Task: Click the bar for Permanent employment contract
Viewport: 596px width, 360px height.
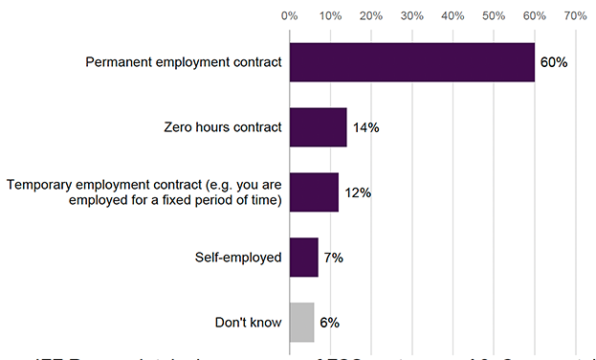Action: pos(411,62)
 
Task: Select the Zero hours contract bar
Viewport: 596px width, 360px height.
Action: pos(318,127)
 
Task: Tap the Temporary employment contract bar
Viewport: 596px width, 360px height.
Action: pos(313,192)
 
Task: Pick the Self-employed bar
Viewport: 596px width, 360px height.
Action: pos(303,257)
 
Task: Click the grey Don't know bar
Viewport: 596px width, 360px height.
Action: pos(301,322)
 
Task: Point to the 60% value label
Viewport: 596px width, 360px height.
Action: pos(554,62)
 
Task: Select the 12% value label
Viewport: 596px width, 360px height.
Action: pos(358,192)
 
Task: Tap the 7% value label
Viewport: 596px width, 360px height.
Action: pos(333,257)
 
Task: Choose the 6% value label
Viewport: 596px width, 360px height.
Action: pos(329,322)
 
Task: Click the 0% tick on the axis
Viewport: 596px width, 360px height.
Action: pos(289,15)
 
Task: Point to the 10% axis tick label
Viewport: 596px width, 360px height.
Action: pos(330,15)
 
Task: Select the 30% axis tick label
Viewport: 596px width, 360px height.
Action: pos(411,15)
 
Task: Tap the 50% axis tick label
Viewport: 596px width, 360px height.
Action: pos(494,15)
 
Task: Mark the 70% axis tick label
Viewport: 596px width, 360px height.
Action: pos(575,15)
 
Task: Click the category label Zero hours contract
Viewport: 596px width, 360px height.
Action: pos(223,127)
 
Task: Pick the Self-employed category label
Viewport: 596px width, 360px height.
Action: pos(238,257)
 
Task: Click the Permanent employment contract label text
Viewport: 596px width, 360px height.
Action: pos(184,62)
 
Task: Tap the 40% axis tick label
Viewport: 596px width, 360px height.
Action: pos(453,15)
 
